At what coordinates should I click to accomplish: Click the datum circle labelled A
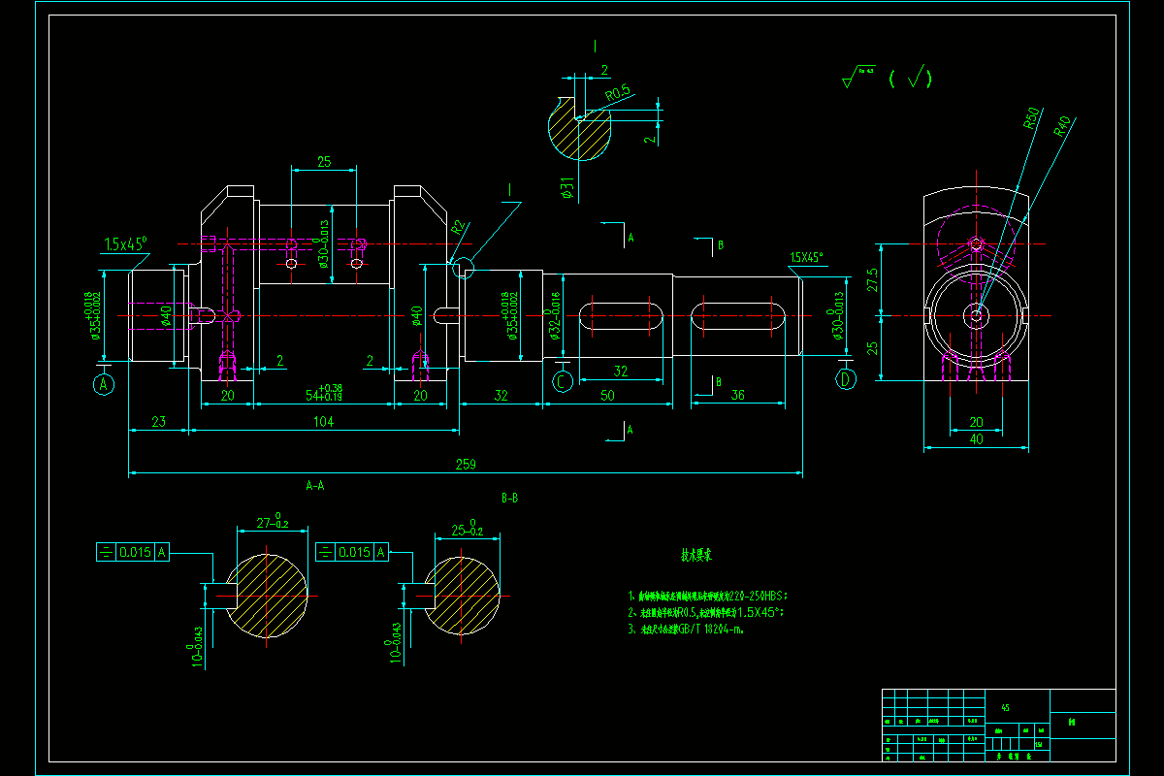tap(104, 385)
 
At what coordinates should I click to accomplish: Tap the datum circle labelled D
tap(847, 379)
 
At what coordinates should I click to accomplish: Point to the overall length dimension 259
tap(466, 466)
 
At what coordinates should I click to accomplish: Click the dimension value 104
tap(324, 422)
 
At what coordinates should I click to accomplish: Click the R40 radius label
tap(1062, 127)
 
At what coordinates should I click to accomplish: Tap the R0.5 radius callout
tap(618, 93)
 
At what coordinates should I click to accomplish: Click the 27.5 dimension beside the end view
tap(872, 279)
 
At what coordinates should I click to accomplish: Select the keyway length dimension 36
tap(737, 395)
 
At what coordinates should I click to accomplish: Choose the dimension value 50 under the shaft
tap(607, 395)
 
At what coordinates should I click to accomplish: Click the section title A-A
tap(315, 484)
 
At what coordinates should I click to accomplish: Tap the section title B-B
tap(509, 498)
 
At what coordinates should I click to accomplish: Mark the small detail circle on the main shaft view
tap(464, 266)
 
